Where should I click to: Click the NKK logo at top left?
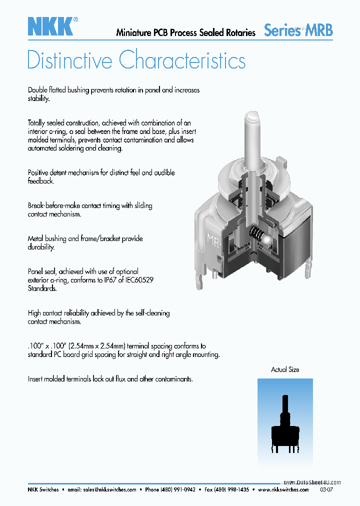pyautogui.click(x=50, y=26)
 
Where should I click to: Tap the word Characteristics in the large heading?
pyautogui.click(x=182, y=60)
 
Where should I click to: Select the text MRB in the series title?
pyautogui.click(x=319, y=30)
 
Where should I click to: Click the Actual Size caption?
pyautogui.click(x=285, y=369)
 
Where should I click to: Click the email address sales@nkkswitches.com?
pyautogui.click(x=109, y=490)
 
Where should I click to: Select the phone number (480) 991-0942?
pyautogui.click(x=177, y=490)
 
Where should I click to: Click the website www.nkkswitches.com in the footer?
pyautogui.click(x=283, y=490)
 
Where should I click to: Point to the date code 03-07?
pyautogui.click(x=325, y=490)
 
